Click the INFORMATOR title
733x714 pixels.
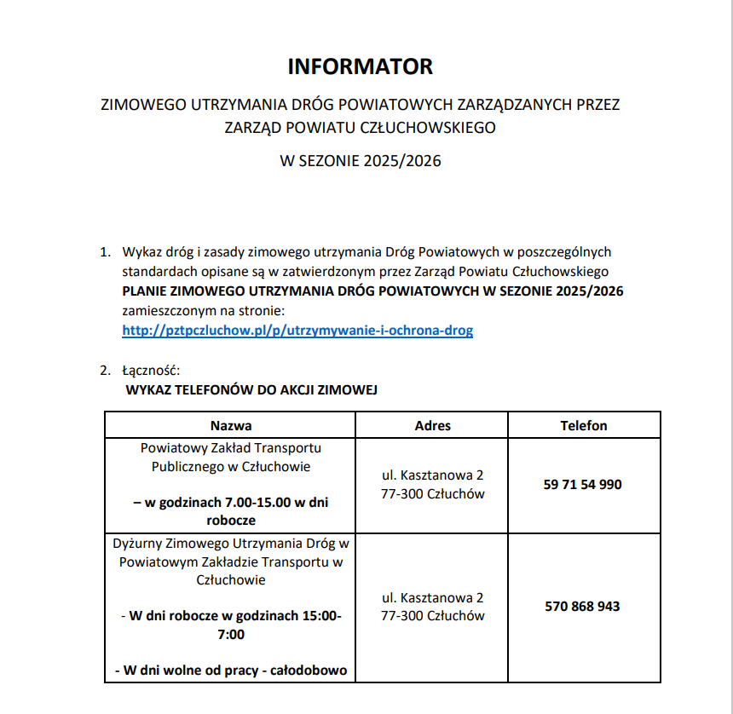click(360, 66)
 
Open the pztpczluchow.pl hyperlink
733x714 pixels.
click(297, 330)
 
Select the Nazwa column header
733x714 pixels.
click(231, 425)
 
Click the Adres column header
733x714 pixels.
click(432, 425)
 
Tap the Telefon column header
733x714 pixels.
click(583, 425)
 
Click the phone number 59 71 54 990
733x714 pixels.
click(582, 484)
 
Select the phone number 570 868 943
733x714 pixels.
click(582, 607)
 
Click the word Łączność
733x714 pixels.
click(152, 371)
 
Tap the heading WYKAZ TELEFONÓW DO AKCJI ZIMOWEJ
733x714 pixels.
click(251, 390)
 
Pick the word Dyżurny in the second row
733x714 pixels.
click(137, 543)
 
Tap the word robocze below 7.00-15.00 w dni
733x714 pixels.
click(231, 520)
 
